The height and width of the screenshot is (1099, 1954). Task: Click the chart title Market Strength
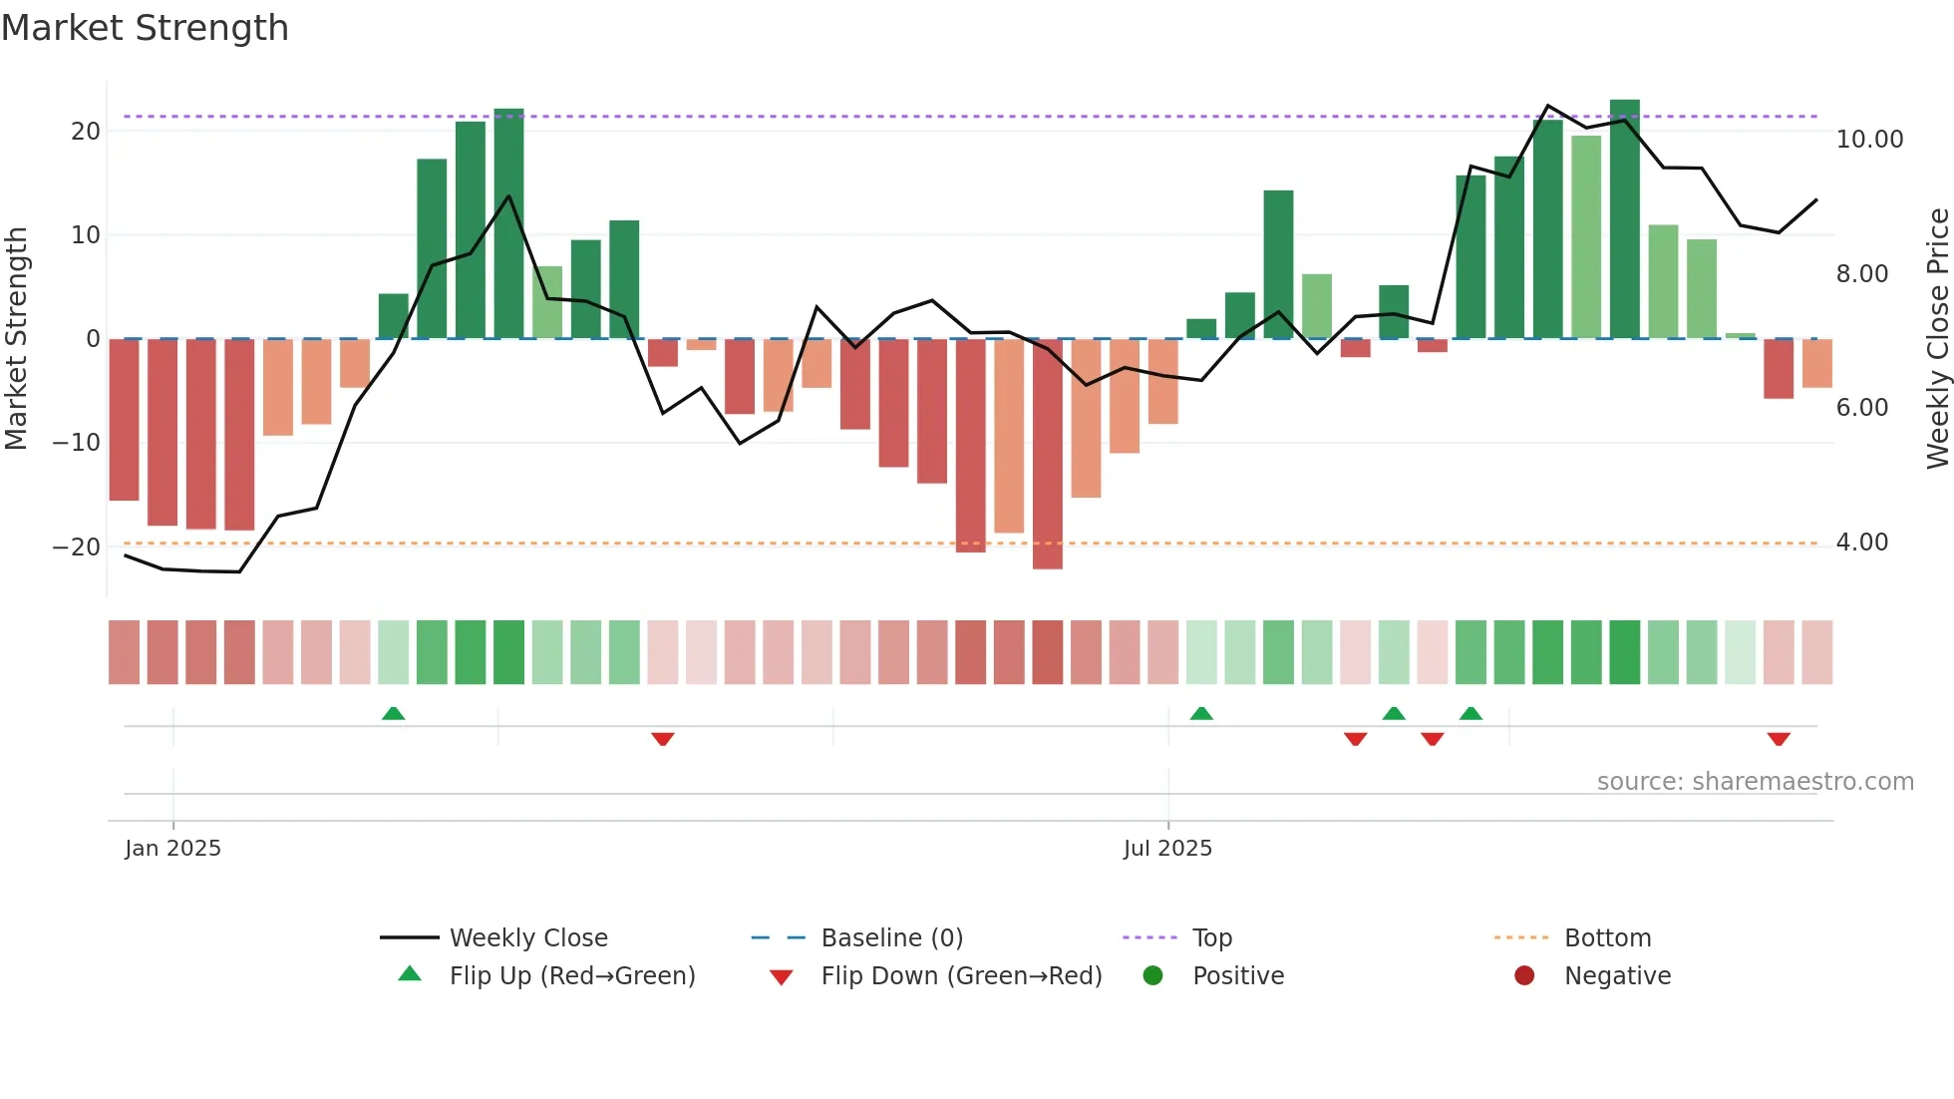145,28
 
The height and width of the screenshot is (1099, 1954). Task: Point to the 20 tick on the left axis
86,132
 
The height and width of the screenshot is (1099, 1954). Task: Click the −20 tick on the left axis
77,547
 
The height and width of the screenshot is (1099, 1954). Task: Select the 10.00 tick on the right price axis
1869,140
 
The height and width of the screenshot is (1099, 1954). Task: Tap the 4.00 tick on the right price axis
1861,543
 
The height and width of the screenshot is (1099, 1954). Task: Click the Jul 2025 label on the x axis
1167,849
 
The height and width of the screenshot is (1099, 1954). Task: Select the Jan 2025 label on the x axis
172,849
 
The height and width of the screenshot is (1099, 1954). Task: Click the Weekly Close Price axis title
1937,338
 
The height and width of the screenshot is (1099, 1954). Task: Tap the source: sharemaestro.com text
1755,782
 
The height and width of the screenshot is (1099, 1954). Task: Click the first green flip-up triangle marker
394,713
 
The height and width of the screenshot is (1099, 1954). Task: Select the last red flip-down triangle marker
1779,739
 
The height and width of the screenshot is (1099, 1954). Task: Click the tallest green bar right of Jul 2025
1624,219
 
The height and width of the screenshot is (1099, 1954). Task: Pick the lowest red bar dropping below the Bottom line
1047,454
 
